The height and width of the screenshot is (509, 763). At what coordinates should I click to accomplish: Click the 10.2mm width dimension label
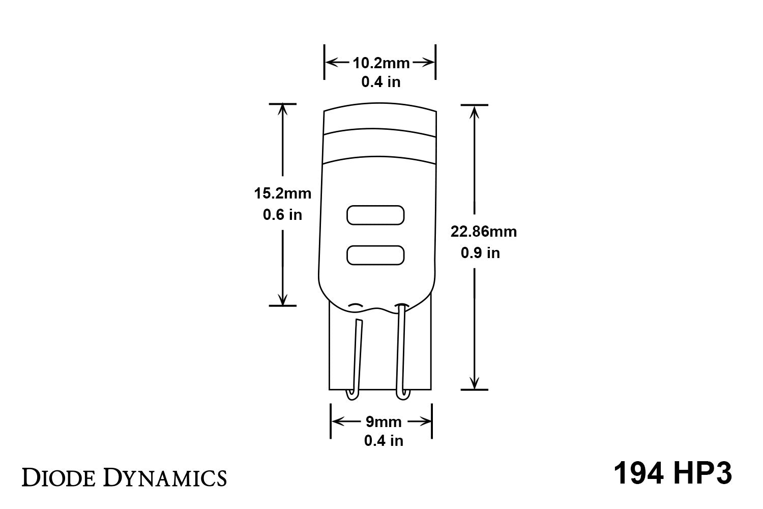tap(381, 63)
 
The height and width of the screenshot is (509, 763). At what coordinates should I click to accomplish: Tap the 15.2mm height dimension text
tap(282, 193)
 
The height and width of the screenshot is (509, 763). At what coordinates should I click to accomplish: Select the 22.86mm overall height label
tap(483, 232)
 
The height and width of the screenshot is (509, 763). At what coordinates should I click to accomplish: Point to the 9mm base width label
tap(383, 422)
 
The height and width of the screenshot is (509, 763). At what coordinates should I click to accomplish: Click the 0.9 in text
tap(480, 253)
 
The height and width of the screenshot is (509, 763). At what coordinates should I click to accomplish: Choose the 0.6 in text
tap(282, 215)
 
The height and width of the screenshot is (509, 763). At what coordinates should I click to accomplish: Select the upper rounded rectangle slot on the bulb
tap(375, 215)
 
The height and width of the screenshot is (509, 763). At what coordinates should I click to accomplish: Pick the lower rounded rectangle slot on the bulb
tap(375, 255)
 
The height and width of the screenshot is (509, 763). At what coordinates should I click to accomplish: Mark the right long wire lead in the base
tap(401, 351)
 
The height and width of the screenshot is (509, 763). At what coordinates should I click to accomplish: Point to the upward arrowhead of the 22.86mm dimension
tap(475, 111)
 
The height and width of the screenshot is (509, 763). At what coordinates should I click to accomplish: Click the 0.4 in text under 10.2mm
tap(381, 82)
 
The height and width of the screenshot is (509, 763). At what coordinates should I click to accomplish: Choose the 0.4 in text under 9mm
tap(384, 441)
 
